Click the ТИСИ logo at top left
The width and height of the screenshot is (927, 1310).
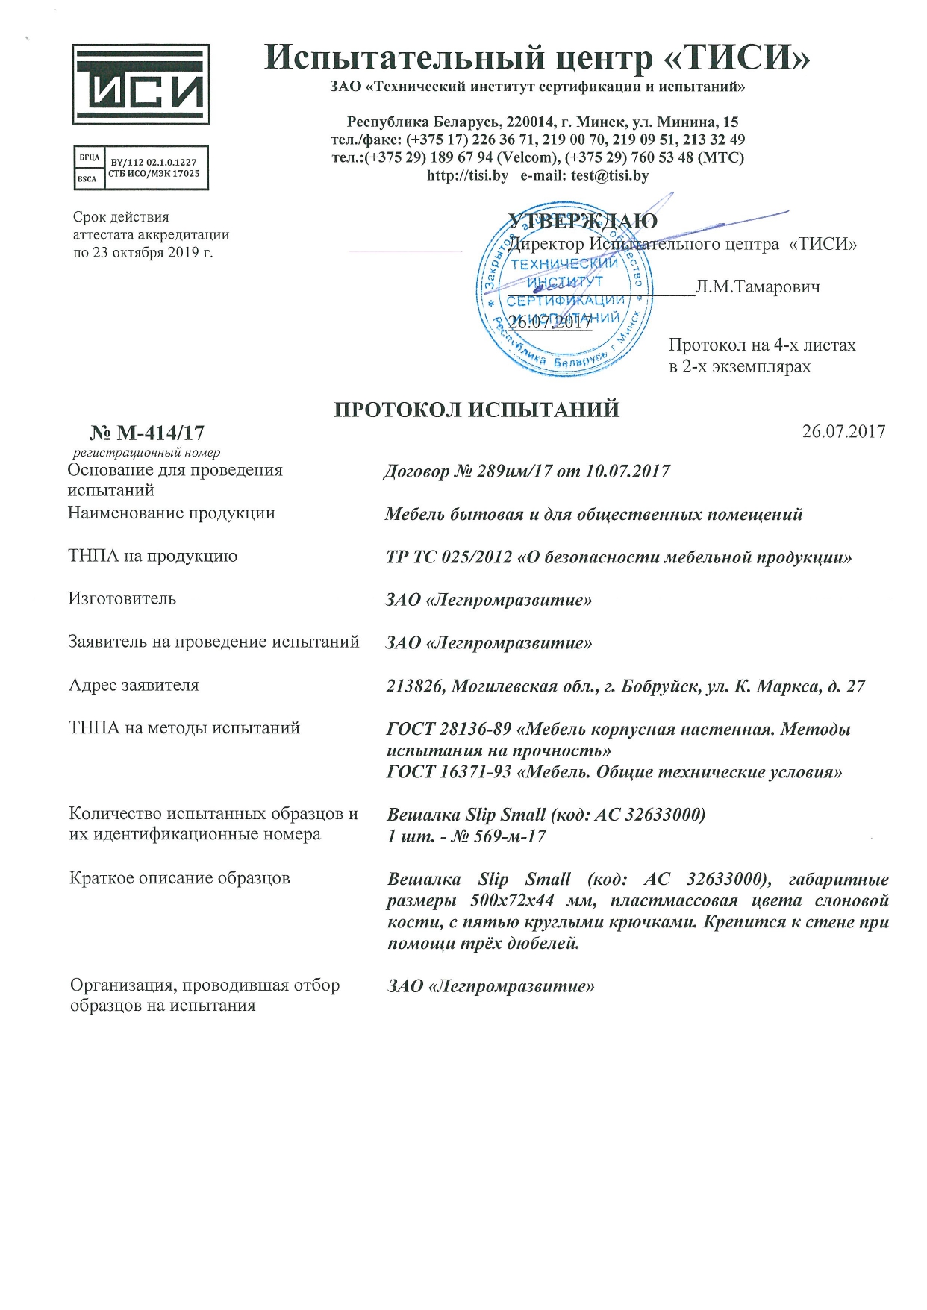point(140,84)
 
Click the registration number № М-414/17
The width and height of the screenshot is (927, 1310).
point(147,433)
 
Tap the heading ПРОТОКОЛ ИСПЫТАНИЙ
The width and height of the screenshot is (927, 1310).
point(476,410)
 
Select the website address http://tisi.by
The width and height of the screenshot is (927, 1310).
point(467,176)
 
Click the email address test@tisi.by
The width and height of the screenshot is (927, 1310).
point(610,176)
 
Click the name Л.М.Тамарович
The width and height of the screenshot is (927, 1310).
point(758,286)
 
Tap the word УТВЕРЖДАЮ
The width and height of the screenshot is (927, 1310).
point(582,221)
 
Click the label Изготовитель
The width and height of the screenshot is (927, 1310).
point(122,598)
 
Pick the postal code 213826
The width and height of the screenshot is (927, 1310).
point(414,686)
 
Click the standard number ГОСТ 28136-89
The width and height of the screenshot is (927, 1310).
point(449,729)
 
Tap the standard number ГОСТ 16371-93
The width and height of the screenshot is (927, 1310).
point(449,771)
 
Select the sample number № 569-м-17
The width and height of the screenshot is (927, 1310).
point(499,836)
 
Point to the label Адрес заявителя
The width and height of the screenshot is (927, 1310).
point(134,685)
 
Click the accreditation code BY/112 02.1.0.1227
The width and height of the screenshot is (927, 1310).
point(154,162)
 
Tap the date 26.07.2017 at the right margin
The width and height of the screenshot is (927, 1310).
point(843,431)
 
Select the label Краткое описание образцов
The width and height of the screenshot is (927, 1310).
point(179,878)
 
